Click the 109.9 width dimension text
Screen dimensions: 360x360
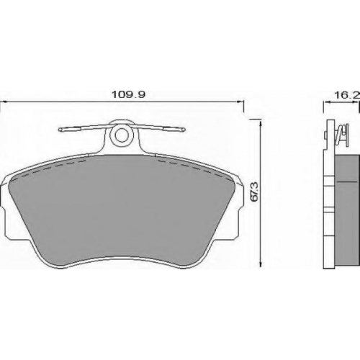point(129,94)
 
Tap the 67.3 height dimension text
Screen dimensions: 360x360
point(254,192)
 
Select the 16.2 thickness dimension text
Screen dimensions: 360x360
point(347,95)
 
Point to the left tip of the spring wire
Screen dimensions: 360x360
point(59,130)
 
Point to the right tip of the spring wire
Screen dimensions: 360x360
point(184,130)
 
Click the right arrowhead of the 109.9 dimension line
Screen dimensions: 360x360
point(240,102)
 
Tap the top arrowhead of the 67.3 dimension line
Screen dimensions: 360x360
point(261,123)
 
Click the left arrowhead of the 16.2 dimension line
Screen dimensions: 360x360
point(327,102)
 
